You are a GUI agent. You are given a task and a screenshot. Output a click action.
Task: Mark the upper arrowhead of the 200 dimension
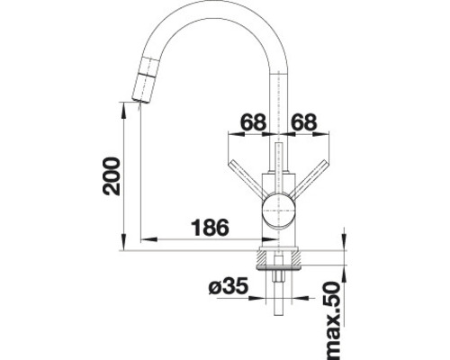tap(121, 107)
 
